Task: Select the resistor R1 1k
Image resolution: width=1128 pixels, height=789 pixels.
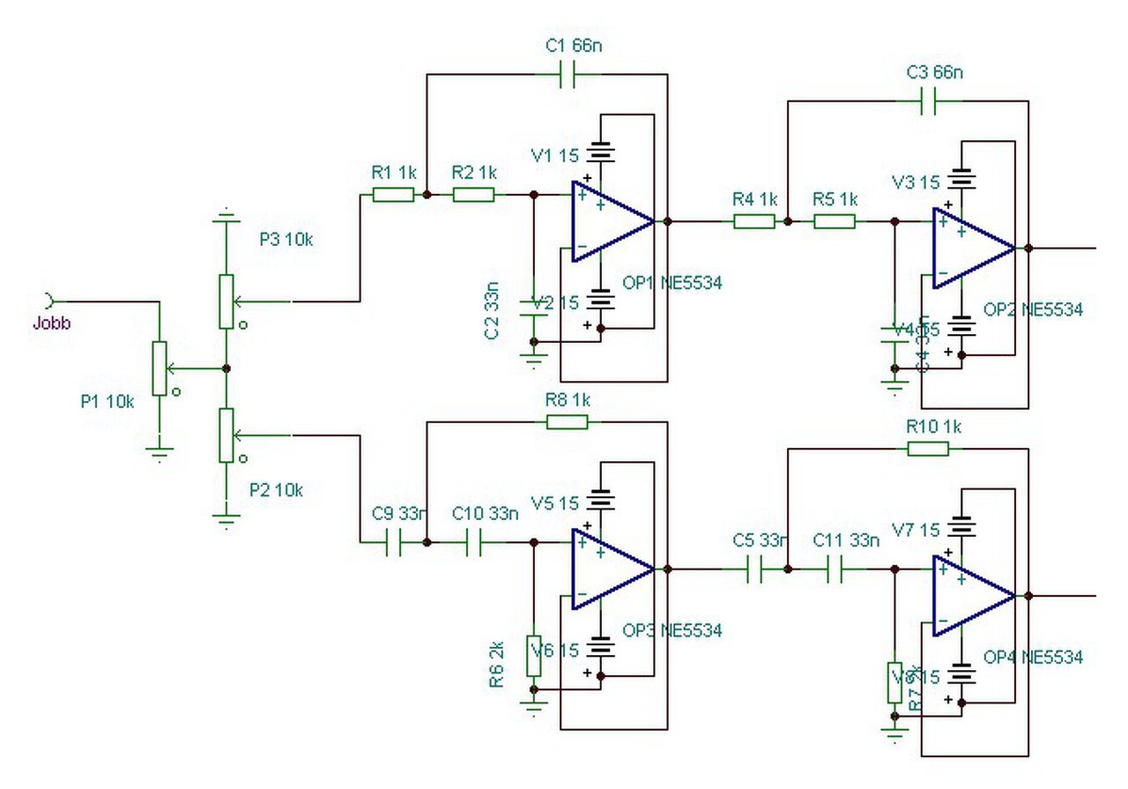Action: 393,195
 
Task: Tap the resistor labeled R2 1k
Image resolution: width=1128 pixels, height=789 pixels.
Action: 473,195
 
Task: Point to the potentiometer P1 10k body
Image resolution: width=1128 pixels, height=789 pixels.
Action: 159,368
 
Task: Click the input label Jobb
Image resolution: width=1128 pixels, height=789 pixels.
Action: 52,323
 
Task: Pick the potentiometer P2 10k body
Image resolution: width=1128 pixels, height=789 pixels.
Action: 226,435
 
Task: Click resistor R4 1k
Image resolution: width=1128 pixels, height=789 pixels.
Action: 754,221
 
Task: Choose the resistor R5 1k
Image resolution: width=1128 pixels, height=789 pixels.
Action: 834,221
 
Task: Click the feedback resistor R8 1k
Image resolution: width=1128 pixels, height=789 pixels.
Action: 568,422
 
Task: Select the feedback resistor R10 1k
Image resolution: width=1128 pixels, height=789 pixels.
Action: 928,449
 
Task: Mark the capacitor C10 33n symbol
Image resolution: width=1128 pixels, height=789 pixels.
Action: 473,544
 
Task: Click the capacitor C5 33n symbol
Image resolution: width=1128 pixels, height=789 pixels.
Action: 754,570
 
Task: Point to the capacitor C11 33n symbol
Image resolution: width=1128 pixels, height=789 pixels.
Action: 835,570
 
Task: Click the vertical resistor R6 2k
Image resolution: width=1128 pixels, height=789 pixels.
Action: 533,655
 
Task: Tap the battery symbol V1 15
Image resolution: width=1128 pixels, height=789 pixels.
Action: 601,151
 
